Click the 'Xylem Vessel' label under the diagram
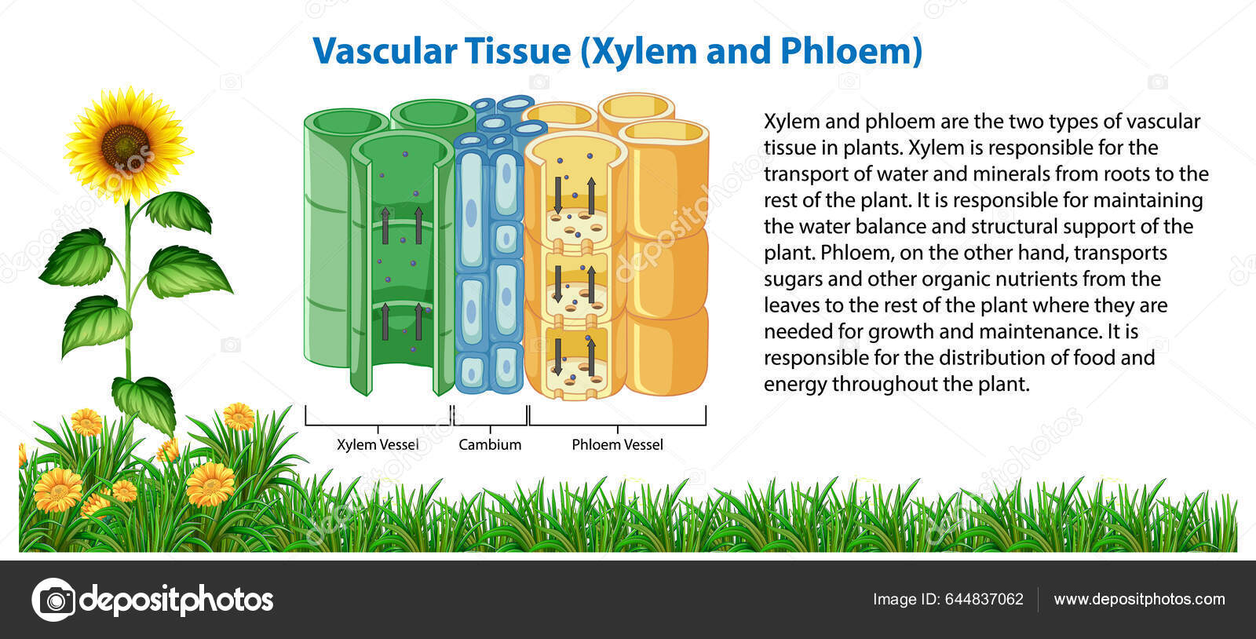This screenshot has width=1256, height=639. click(x=378, y=444)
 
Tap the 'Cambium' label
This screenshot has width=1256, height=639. click(x=490, y=444)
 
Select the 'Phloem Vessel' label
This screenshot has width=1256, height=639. click(x=617, y=444)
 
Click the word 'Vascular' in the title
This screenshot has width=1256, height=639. click(x=385, y=51)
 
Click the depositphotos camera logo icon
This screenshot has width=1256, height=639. click(x=53, y=601)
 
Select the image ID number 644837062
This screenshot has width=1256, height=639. click(x=984, y=599)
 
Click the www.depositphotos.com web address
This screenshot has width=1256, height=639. click(x=1139, y=599)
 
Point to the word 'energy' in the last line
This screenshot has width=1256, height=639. click(x=795, y=385)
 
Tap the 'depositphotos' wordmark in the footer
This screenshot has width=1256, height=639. click(x=177, y=601)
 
